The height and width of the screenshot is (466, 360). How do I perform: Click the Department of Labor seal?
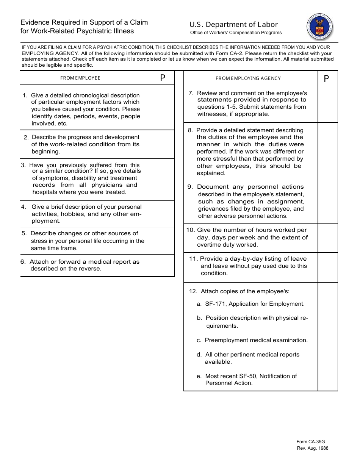320,28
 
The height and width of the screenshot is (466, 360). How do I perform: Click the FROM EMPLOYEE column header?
80,78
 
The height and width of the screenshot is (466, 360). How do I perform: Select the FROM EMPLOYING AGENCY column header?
248,78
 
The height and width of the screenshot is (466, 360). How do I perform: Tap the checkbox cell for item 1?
164,108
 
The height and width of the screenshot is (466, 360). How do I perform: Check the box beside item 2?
164,144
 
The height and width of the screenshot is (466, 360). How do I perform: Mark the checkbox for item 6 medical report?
164,265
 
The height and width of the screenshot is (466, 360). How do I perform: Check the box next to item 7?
327,104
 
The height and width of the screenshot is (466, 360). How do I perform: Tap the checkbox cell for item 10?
327,238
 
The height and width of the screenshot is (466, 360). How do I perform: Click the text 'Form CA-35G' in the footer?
311,442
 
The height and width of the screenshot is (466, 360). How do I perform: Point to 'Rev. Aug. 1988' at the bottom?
313,449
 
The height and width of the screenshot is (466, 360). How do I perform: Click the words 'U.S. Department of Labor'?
234,25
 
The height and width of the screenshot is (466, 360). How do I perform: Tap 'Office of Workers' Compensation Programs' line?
236,33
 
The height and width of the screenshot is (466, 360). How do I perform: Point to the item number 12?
193,291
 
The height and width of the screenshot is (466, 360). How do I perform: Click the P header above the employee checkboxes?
163,78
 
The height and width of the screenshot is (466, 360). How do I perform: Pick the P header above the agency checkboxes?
327,78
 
